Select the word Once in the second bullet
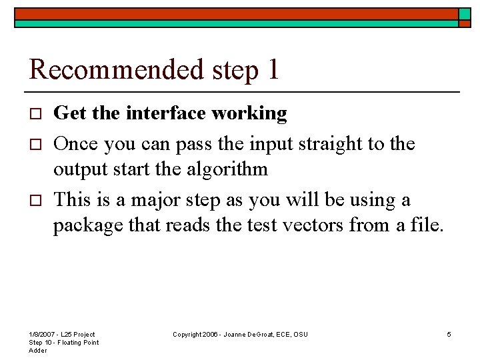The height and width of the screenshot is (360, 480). point(75,143)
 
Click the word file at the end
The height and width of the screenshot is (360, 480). point(427,226)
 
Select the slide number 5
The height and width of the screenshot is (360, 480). point(449,334)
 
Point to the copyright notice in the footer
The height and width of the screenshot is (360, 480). point(240,334)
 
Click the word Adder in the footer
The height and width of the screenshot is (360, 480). point(38,351)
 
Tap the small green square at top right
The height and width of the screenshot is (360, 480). point(465,13)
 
